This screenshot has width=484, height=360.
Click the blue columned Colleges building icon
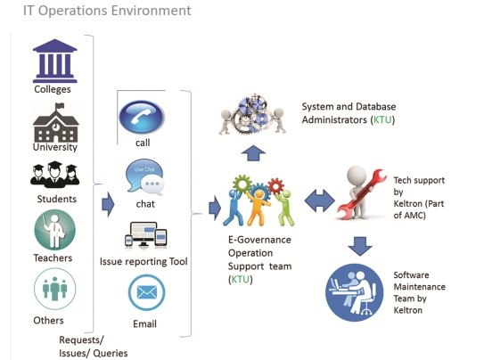55,61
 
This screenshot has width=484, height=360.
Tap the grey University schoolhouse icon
56,123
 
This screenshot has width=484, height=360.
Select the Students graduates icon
55,175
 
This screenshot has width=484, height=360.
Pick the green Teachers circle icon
55,230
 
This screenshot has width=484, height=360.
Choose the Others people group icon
55,289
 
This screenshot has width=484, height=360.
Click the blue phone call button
142,117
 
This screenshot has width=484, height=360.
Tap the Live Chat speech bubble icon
144,177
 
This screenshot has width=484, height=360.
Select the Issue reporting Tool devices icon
145,235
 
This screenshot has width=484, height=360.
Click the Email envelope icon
146,292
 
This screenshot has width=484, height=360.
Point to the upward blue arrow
253,153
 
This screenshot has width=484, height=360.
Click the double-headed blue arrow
319,200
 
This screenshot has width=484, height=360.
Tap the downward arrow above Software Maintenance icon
360,246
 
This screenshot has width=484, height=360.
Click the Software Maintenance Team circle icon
355,292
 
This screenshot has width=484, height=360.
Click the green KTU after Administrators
382,119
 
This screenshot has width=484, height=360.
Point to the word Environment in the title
151,11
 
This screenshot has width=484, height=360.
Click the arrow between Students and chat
108,204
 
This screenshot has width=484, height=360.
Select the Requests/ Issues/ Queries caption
94,347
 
